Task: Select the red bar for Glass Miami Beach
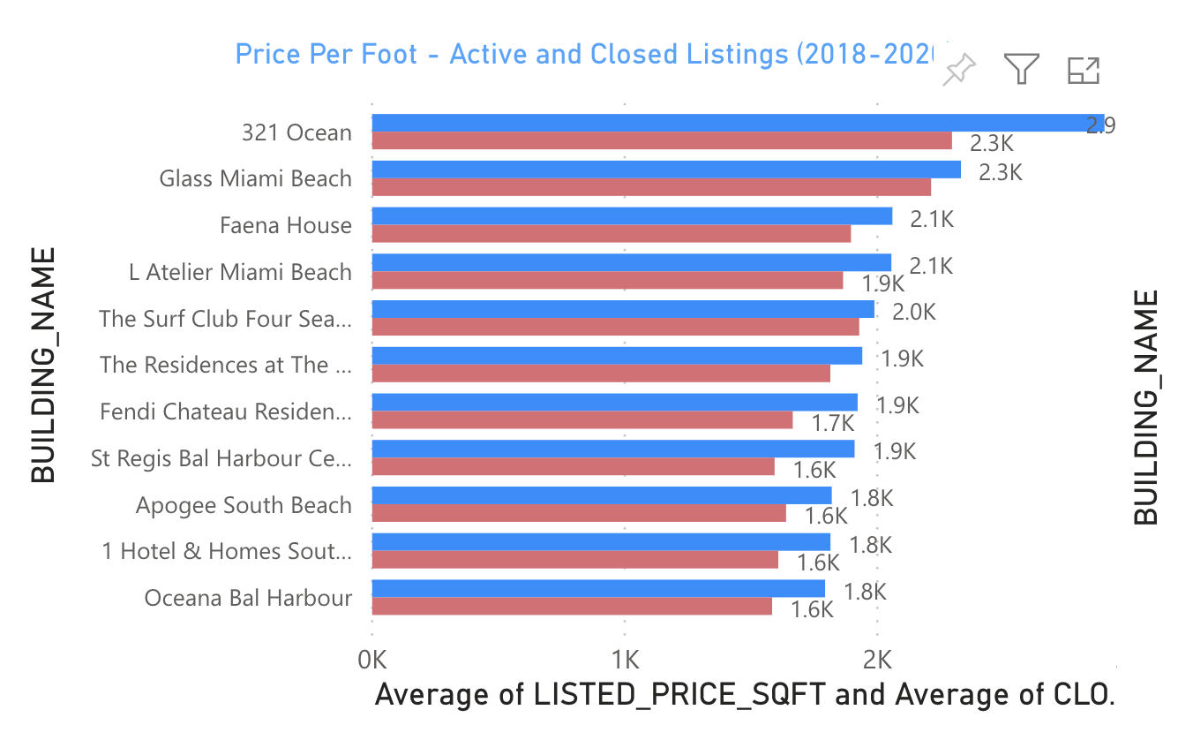click(x=651, y=187)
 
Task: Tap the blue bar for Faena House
click(x=631, y=216)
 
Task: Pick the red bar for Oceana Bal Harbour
click(x=572, y=606)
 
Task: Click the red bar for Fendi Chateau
click(x=581, y=419)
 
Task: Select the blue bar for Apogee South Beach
click(x=601, y=495)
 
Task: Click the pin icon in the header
click(x=959, y=70)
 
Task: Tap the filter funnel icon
click(x=1021, y=69)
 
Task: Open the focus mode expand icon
click(x=1083, y=70)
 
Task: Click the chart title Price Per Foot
click(x=582, y=55)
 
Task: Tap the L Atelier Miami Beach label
click(x=240, y=272)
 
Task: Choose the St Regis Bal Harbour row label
click(x=221, y=458)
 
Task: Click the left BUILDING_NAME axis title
click(x=43, y=365)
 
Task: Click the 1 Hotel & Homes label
click(x=227, y=552)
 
